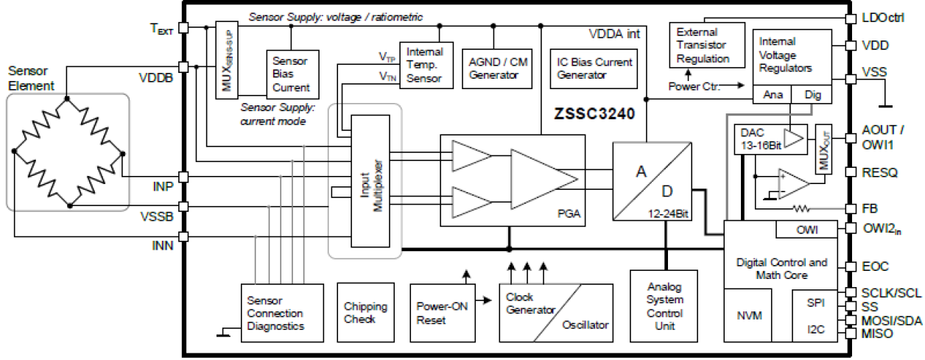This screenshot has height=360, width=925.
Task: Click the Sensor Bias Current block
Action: [291, 74]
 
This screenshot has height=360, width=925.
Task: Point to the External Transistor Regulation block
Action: [702, 45]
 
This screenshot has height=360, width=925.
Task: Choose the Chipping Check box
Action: [365, 312]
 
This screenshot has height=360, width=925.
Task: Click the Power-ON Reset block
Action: [440, 312]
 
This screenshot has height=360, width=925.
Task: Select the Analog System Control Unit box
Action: [665, 306]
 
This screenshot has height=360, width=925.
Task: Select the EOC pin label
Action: [876, 266]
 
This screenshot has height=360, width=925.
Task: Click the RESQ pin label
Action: [880, 173]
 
